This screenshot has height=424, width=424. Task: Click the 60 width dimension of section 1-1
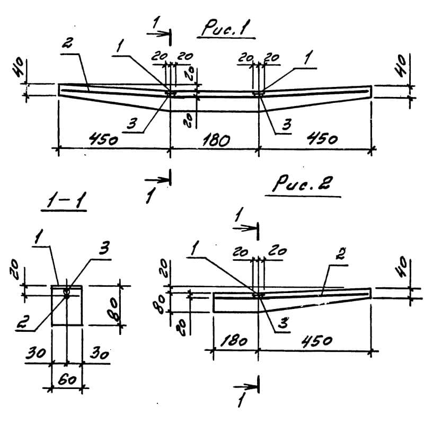(x=66, y=379)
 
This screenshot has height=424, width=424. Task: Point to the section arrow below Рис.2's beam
(x=248, y=382)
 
